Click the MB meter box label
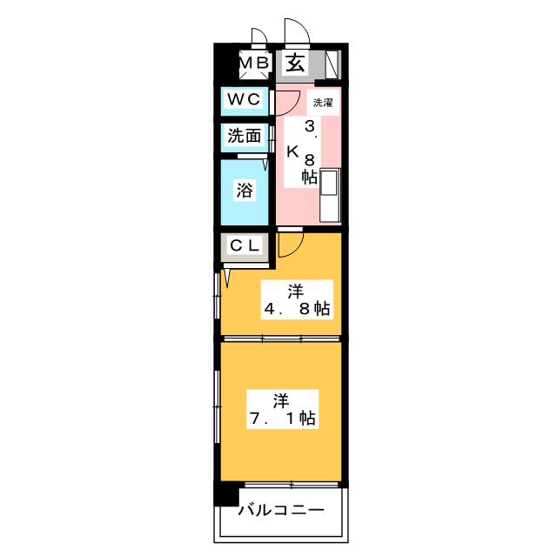pyautogui.click(x=252, y=63)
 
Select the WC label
pyautogui.click(x=244, y=100)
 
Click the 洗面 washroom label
pyautogui.click(x=244, y=136)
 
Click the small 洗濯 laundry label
pyautogui.click(x=322, y=102)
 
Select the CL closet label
pyautogui.click(x=244, y=246)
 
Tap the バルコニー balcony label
pyautogui.click(x=281, y=510)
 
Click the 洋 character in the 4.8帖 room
pyautogui.click(x=296, y=291)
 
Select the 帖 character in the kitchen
pyautogui.click(x=309, y=177)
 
